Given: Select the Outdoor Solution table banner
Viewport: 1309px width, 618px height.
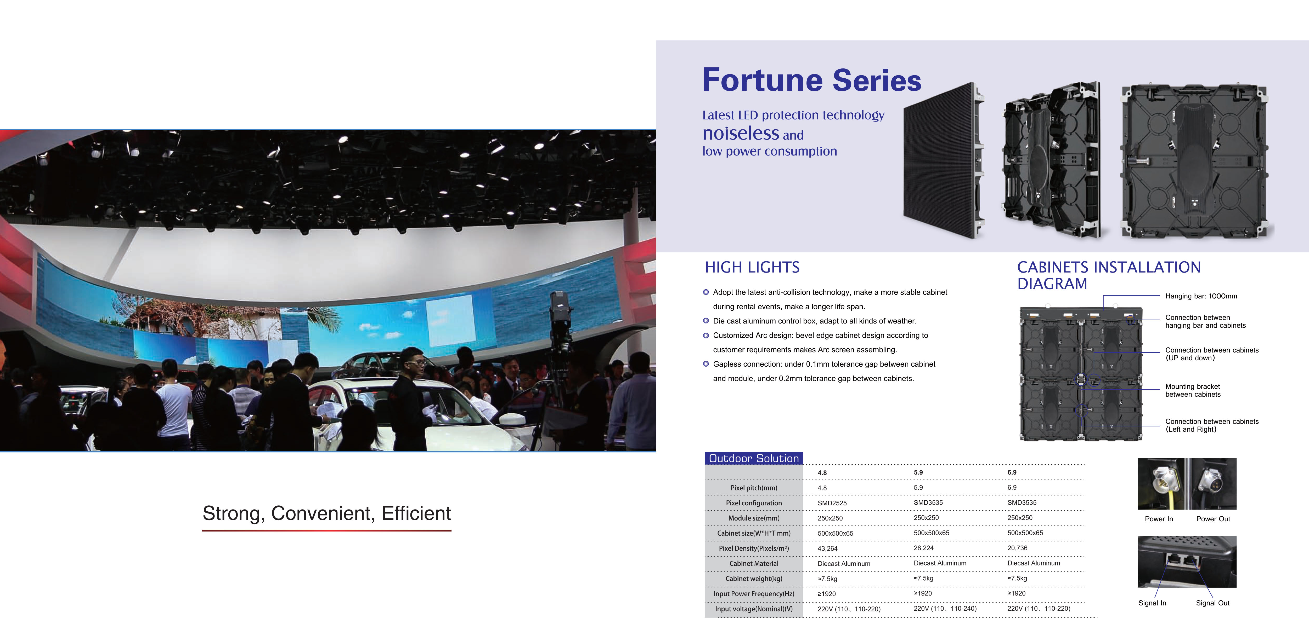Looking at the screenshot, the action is [754, 458].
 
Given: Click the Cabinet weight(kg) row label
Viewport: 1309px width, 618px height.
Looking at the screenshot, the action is [754, 578].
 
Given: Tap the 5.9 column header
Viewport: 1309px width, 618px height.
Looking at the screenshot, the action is [918, 472].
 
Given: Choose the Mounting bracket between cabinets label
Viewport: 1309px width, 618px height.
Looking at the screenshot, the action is [1193, 390].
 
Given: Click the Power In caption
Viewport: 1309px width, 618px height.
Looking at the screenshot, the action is [1159, 519].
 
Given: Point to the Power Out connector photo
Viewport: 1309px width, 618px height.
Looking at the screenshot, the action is [1214, 484].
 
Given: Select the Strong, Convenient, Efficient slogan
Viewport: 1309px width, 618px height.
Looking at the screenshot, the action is [327, 513].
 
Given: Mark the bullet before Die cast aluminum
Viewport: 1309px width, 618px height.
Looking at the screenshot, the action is [706, 321].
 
